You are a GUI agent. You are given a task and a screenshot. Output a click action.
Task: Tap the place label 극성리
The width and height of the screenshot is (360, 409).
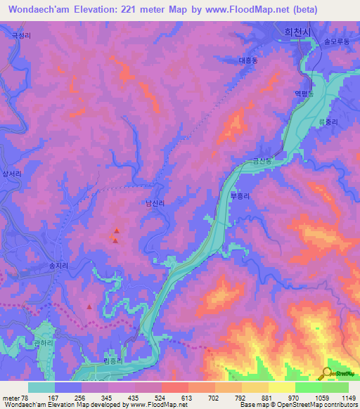[21, 34]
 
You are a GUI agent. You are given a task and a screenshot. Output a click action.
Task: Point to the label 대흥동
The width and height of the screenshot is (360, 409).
[250, 60]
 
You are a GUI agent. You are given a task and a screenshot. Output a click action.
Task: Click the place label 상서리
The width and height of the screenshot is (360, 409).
[13, 173]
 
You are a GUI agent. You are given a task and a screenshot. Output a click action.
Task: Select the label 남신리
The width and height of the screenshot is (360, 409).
[155, 203]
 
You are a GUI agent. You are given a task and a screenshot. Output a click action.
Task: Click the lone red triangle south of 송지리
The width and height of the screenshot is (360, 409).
[89, 306]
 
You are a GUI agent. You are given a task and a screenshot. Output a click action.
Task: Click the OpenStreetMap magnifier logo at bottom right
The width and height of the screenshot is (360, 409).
[326, 373]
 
